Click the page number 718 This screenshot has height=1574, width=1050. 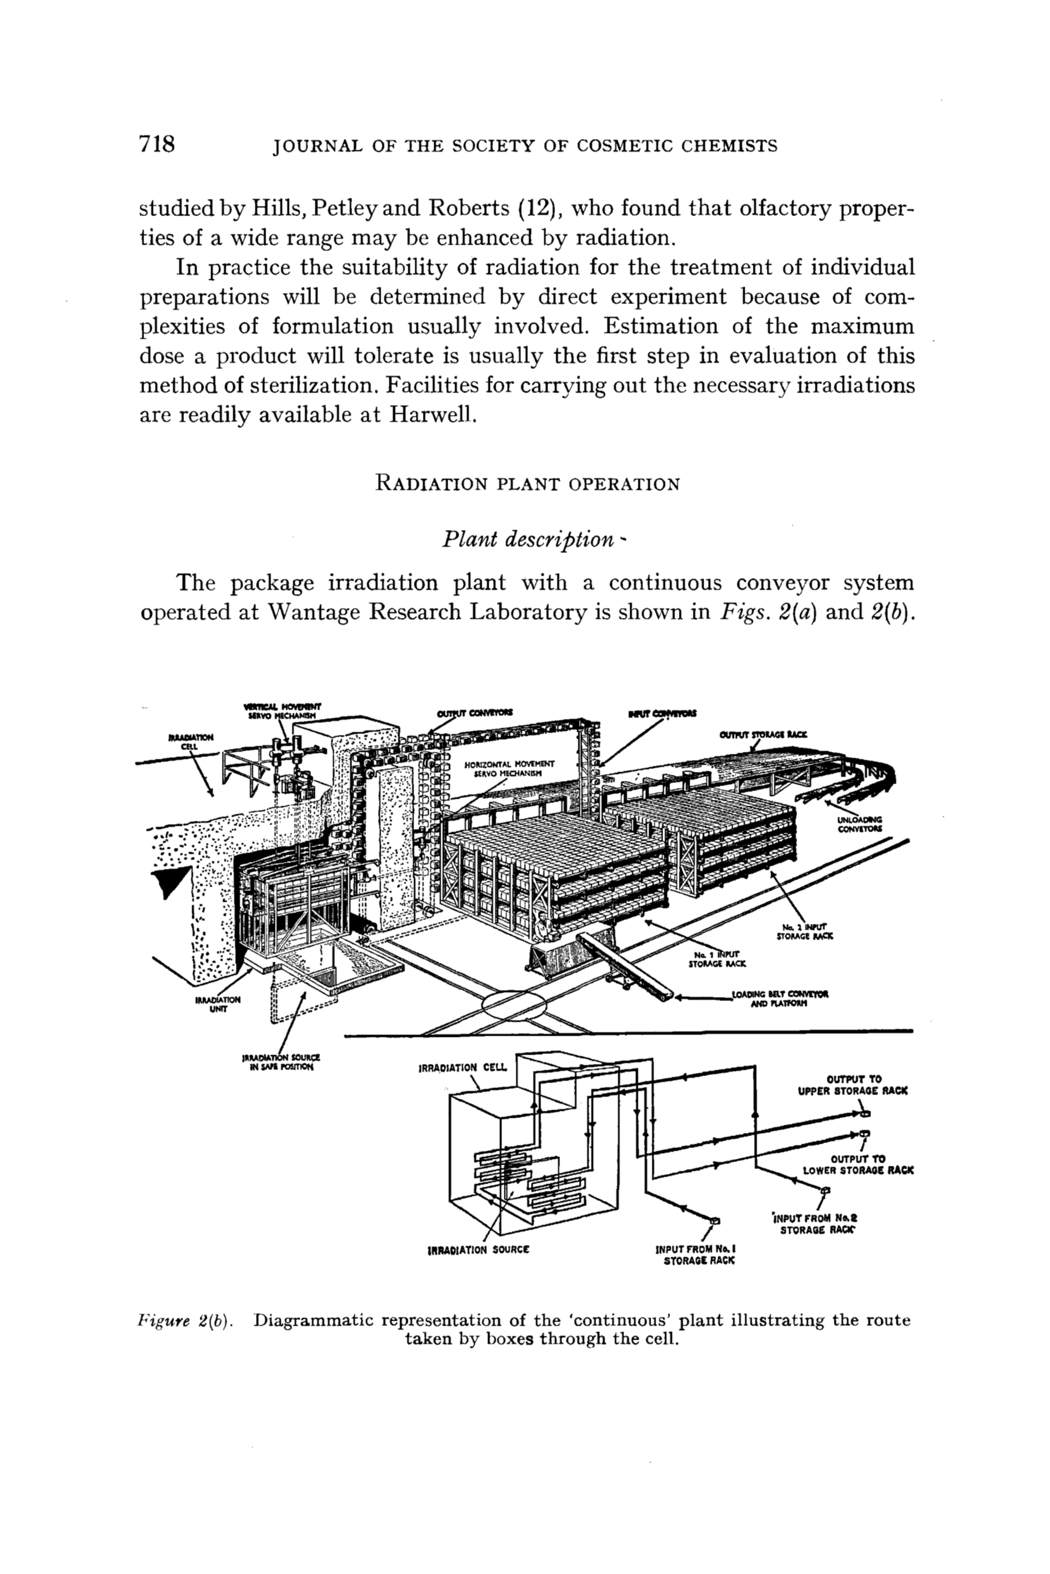(x=157, y=145)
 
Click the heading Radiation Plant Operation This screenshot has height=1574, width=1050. (x=528, y=483)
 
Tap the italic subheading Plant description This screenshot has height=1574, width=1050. (x=527, y=539)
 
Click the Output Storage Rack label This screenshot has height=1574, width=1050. (x=764, y=735)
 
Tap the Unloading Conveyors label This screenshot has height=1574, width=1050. (x=860, y=824)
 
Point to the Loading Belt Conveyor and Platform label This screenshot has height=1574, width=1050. (x=780, y=998)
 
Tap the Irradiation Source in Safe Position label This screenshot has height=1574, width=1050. (x=281, y=1062)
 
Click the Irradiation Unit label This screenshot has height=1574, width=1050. (x=217, y=1005)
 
